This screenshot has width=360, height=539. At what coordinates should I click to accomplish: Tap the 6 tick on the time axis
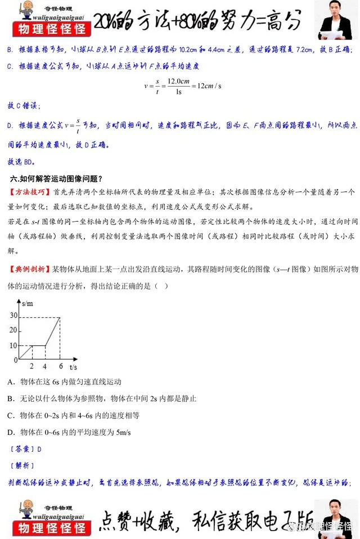(x=60, y=366)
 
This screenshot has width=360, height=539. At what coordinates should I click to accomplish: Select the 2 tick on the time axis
(x=32, y=366)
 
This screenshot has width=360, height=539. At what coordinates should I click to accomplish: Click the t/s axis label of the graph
(x=73, y=366)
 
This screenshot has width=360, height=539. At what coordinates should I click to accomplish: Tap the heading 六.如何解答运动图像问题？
(x=56, y=179)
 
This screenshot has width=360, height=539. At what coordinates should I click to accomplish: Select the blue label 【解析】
(x=22, y=466)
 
